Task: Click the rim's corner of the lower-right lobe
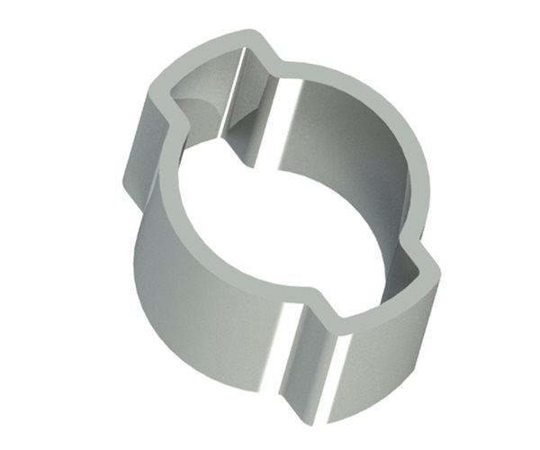pos(432,270)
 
